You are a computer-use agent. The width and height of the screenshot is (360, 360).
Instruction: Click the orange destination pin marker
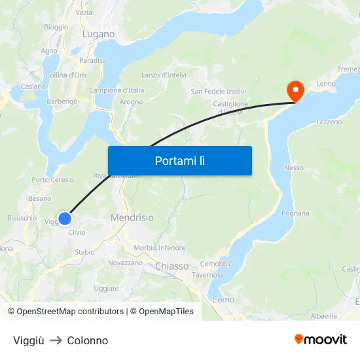click(x=296, y=90)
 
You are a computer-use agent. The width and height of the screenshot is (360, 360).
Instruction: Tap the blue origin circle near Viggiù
click(x=65, y=218)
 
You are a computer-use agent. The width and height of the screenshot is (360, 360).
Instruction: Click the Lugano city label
click(x=98, y=34)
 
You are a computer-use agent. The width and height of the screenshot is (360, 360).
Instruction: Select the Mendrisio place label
click(x=132, y=217)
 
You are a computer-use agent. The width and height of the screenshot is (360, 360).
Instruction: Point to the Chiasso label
click(x=171, y=266)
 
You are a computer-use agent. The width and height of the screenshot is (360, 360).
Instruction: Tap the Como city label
click(x=223, y=300)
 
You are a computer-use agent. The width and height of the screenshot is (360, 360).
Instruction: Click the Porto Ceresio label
click(x=53, y=180)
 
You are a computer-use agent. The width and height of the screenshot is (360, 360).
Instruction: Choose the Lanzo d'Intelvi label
click(x=164, y=75)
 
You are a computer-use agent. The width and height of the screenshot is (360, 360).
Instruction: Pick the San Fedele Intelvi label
click(x=218, y=91)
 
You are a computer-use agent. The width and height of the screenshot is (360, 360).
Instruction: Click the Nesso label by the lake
click(x=294, y=168)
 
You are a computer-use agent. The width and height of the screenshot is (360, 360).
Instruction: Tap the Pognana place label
click(x=295, y=213)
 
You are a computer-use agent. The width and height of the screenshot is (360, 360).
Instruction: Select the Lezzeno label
click(x=329, y=122)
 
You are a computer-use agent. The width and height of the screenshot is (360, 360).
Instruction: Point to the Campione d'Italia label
click(x=117, y=90)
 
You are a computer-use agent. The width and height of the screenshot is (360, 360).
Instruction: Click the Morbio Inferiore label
click(x=159, y=248)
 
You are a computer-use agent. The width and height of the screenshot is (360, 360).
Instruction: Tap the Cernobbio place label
click(x=216, y=264)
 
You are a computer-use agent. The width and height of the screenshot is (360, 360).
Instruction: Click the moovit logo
click(x=320, y=339)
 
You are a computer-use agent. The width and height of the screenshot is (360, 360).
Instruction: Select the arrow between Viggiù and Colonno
click(x=56, y=340)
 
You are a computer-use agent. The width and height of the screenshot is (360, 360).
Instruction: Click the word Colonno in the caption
click(x=88, y=340)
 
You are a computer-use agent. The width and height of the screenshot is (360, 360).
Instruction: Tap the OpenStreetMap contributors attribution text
click(x=70, y=312)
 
